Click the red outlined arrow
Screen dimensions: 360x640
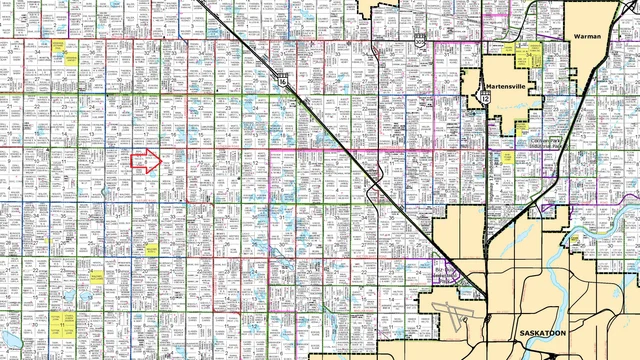[146, 162]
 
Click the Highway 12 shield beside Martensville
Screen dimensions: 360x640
[485, 100]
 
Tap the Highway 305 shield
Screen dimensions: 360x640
[421, 38]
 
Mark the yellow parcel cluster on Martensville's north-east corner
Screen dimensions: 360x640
[535, 50]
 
